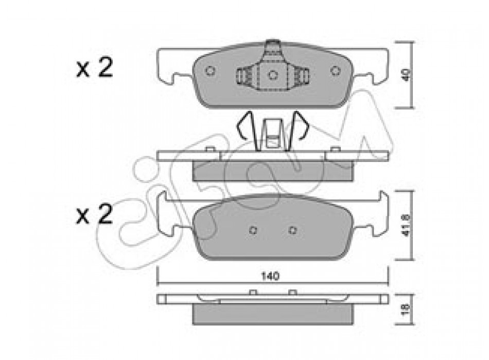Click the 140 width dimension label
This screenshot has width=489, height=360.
270,276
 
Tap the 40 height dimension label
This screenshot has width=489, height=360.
406,75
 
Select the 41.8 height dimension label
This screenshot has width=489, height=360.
406,225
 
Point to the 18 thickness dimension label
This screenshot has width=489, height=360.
406,309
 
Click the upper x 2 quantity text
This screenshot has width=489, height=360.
95,68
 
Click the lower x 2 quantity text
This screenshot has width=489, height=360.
95,214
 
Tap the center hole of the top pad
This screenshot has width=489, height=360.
273,75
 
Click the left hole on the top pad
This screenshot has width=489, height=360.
210,71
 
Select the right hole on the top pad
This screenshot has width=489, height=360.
335,71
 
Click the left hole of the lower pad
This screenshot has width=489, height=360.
253,230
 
